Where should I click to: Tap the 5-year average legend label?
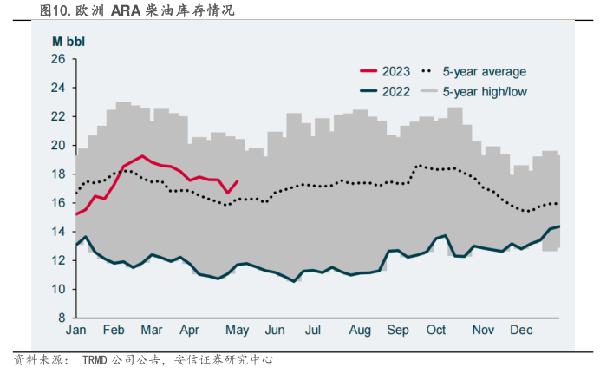484,72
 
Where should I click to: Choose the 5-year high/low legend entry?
485,91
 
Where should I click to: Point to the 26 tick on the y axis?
58,59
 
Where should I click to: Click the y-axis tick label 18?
58,174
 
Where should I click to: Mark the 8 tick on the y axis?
62,318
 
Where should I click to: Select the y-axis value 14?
58,231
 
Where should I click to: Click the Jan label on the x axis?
76,331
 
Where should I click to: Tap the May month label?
238,331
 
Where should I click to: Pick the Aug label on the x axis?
359,331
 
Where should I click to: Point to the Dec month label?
521,331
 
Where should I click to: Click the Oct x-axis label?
436,331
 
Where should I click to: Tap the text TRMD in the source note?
101,359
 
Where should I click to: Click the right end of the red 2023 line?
238,181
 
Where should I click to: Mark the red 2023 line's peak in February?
143,156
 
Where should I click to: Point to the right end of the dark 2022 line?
559,226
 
